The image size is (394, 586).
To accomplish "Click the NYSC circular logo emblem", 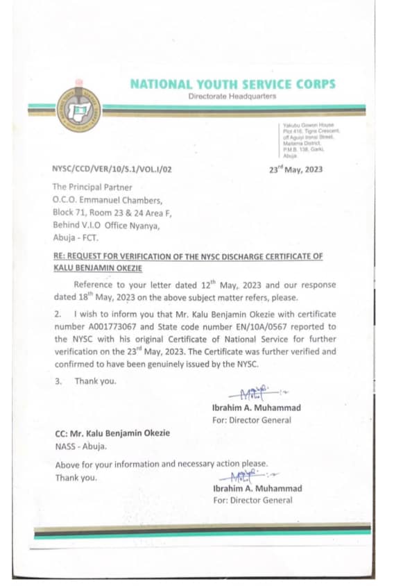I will (x=80, y=110).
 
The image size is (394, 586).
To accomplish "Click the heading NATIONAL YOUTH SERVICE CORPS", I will (x=232, y=84).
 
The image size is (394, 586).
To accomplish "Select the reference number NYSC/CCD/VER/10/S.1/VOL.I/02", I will (x=111, y=169).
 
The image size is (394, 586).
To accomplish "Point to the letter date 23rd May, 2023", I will (x=295, y=169).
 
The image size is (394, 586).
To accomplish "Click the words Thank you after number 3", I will (x=95, y=381).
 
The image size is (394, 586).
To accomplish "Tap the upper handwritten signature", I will (x=253, y=393).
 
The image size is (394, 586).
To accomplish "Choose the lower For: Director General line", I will (x=252, y=500).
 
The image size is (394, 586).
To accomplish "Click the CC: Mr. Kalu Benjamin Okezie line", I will (x=112, y=433).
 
